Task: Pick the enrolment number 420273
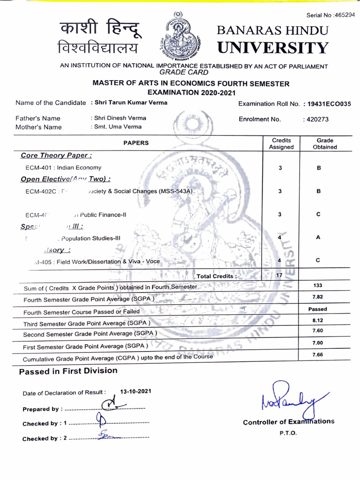click(316, 119)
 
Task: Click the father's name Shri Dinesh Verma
click(120, 118)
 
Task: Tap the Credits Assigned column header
click(281, 143)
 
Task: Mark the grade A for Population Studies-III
click(318, 238)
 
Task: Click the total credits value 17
click(279, 276)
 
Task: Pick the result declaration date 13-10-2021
click(135, 391)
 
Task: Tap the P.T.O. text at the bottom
click(288, 433)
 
